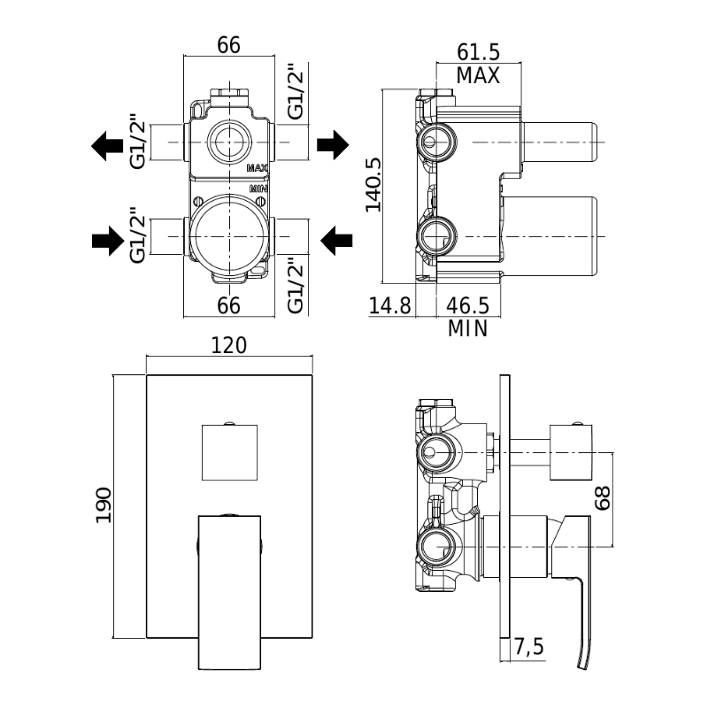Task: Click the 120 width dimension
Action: pyautogui.click(x=229, y=345)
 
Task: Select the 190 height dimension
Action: pyautogui.click(x=104, y=505)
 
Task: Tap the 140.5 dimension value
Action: pyautogui.click(x=373, y=185)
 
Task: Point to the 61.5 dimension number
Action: pyautogui.click(x=478, y=52)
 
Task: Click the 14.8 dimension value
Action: pyautogui.click(x=390, y=305)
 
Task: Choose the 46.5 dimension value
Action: pyautogui.click(x=468, y=305)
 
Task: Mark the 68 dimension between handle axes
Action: pyautogui.click(x=603, y=498)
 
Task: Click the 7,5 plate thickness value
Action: pyautogui.click(x=529, y=647)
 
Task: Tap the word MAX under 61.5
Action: pyautogui.click(x=478, y=75)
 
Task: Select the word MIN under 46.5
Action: pyautogui.click(x=468, y=328)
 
